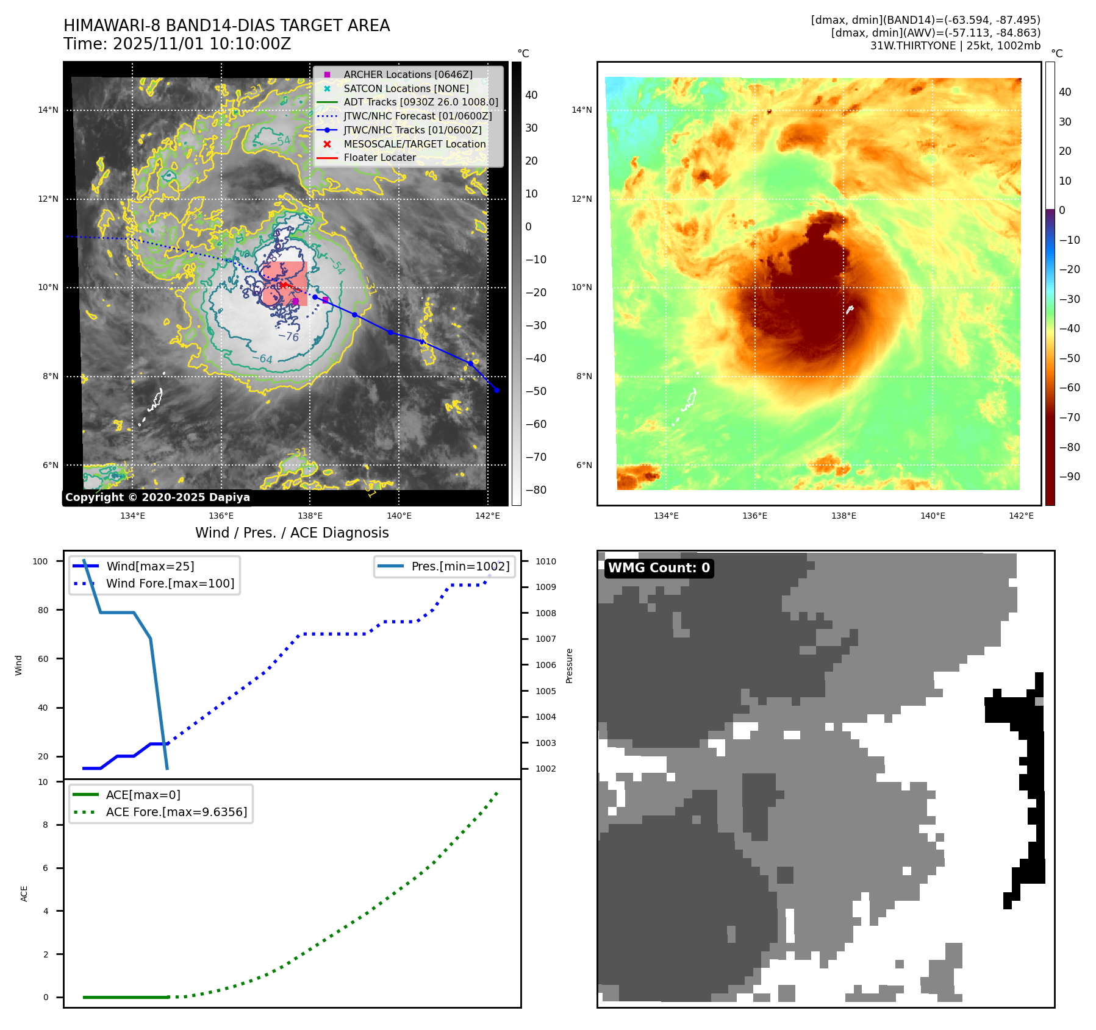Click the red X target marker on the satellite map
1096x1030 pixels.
coord(284,285)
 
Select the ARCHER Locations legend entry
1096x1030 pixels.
coord(407,74)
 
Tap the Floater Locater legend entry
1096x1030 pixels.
coord(379,157)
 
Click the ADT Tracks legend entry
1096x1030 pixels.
coord(420,102)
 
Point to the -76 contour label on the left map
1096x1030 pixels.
coord(288,336)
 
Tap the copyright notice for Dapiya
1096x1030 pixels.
coord(157,497)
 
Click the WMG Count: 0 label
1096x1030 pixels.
coord(659,568)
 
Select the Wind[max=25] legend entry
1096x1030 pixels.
coord(150,566)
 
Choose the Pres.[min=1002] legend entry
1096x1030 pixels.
coord(460,566)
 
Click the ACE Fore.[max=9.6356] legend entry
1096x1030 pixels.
coord(176,812)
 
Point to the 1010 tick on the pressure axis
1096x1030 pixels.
coord(546,561)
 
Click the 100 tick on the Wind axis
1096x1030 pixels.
coord(40,561)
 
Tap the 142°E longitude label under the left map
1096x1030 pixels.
coord(488,516)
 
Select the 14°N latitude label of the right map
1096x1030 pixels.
coord(581,110)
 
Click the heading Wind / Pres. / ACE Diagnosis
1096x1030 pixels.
coord(292,533)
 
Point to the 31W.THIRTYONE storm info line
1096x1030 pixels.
coord(955,46)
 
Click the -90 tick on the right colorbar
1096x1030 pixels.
coord(1070,477)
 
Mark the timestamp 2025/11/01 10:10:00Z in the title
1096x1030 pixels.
coord(201,44)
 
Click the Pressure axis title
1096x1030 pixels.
coord(569,666)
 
